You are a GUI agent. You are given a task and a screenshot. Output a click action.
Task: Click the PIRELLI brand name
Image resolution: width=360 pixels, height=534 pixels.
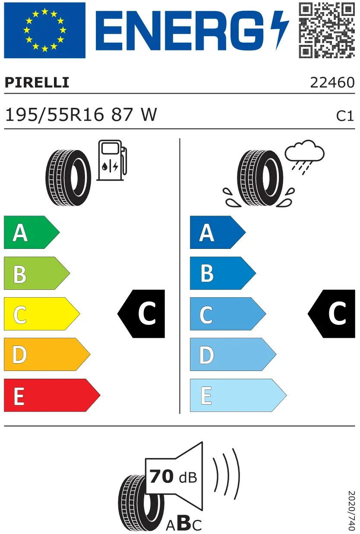[x=37, y=82]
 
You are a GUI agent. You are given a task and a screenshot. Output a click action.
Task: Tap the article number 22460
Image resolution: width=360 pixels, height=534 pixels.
[x=332, y=83]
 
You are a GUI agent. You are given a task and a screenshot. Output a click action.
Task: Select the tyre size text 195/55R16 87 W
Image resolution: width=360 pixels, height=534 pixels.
[x=81, y=115]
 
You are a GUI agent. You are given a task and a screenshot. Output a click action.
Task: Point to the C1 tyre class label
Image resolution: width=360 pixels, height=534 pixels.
[x=345, y=116]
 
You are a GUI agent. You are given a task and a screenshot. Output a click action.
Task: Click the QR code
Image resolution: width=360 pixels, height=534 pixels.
[x=327, y=30]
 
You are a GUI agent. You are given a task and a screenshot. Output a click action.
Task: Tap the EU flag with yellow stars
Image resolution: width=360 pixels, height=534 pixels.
[x=44, y=30]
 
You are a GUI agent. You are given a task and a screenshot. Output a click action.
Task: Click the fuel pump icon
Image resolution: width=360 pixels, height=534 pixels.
[x=112, y=160]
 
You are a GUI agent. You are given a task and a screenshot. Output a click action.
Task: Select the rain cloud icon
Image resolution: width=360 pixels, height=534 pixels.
[x=304, y=157]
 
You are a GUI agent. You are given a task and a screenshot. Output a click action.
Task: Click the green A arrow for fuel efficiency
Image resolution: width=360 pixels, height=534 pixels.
[x=32, y=232]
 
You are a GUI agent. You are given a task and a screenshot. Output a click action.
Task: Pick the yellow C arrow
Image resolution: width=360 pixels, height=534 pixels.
[x=42, y=314]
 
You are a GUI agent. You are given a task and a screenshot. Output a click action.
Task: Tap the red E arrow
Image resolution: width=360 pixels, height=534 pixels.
[x=52, y=395]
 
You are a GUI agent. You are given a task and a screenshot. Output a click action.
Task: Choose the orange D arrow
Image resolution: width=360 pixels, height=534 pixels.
[x=47, y=355]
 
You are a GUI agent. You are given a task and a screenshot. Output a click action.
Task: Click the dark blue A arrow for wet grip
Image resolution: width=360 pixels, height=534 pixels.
[x=218, y=232]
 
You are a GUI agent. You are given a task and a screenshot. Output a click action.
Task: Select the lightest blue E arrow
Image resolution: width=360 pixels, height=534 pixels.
[x=238, y=395]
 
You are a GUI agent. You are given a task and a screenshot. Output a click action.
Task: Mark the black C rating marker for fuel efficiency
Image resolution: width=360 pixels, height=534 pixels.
[x=141, y=314]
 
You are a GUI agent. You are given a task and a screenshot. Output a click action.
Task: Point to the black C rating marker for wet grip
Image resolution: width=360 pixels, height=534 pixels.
[x=332, y=314]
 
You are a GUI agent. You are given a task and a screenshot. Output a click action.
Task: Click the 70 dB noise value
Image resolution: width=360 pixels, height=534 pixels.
[x=173, y=477]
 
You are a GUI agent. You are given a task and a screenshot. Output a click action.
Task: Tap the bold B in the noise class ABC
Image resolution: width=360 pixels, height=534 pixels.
[x=183, y=523]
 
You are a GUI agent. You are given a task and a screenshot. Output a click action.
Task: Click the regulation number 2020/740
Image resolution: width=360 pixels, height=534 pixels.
[x=351, y=510]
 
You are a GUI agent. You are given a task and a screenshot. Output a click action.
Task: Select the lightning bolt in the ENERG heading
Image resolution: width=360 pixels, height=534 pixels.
[x=280, y=30]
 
